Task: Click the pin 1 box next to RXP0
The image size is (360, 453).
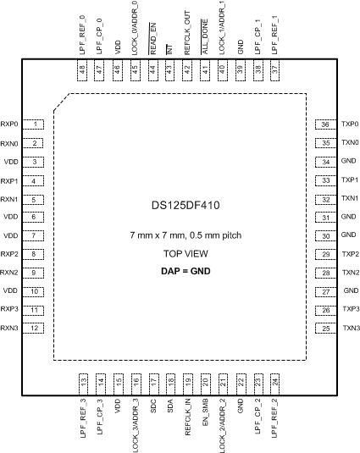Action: coord(33,124)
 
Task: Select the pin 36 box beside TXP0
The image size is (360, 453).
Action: coord(326,124)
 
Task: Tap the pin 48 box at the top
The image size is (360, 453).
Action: coord(82,70)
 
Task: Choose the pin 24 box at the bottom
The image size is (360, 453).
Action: coord(274,384)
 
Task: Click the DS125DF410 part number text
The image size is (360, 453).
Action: coord(186,205)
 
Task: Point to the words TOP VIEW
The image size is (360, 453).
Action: coord(186,254)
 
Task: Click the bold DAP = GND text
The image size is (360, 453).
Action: coord(186,271)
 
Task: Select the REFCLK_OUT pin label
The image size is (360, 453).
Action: coord(187,33)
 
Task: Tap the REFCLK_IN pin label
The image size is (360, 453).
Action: coord(188,417)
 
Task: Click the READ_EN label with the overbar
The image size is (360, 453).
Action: coord(152,38)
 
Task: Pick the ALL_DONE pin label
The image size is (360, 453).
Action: coord(204,36)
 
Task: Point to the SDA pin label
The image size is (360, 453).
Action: coord(170,406)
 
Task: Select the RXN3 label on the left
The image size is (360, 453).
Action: coord(9,329)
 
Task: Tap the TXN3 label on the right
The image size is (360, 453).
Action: coord(352,329)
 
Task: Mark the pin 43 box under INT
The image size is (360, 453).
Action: coord(170,70)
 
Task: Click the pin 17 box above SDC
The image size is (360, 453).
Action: coord(153,384)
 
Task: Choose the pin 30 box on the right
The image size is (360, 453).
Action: coord(326,235)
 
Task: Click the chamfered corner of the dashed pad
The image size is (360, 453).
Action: coord(61,102)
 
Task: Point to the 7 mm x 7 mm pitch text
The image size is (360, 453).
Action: coord(186,235)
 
